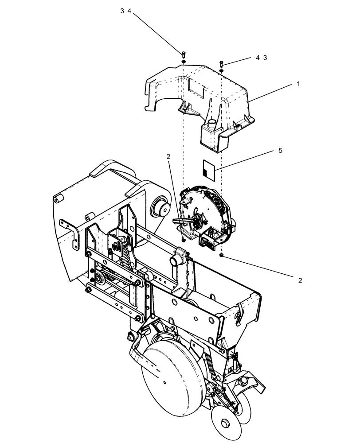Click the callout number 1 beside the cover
pos(298,83)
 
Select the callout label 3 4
pos(126,12)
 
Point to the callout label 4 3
pos(261,58)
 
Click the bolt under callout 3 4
pos(183,54)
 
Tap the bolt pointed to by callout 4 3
pos(221,65)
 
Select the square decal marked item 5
pos(208,170)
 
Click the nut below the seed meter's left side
pos(183,241)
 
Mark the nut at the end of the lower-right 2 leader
pos(221,256)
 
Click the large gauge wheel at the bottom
pos(173,377)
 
